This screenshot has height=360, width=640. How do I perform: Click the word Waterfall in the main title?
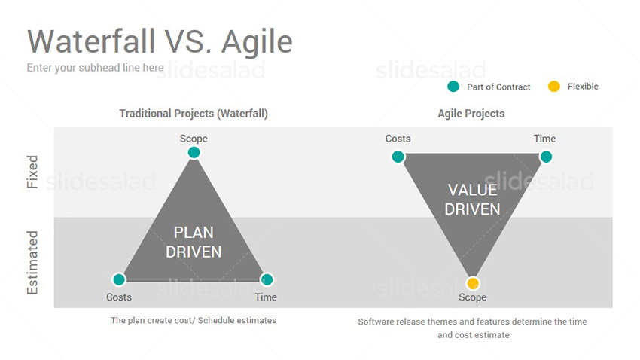point(92,41)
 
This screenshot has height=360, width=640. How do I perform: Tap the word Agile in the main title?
point(258,43)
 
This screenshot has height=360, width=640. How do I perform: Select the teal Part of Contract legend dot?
point(453,87)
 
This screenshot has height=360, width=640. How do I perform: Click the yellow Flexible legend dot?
point(554,87)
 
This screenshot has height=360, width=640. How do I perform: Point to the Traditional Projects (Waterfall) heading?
point(194,114)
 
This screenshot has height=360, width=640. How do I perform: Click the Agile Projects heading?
point(471,114)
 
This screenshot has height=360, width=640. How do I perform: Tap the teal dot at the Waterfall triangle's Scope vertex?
point(194,153)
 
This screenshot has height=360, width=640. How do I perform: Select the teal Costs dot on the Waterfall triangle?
point(119,279)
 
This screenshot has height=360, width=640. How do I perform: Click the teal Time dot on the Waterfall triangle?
point(267,279)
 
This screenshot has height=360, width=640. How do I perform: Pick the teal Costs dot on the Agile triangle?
point(398,157)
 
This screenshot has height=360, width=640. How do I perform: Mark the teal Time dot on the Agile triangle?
point(546,157)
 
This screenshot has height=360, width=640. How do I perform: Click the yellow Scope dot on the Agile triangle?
point(473,283)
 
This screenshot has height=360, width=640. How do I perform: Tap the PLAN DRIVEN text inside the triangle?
point(194,242)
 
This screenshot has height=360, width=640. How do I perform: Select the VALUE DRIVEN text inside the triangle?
point(472,200)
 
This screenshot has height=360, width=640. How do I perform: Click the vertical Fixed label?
point(32,172)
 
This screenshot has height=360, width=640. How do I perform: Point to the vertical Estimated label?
point(32,262)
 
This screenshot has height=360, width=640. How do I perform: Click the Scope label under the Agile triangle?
point(472,297)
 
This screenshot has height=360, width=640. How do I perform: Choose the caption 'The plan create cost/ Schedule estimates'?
point(194,320)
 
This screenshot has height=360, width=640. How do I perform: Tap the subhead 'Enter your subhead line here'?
point(95,68)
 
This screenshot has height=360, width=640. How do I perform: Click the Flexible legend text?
point(583,87)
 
